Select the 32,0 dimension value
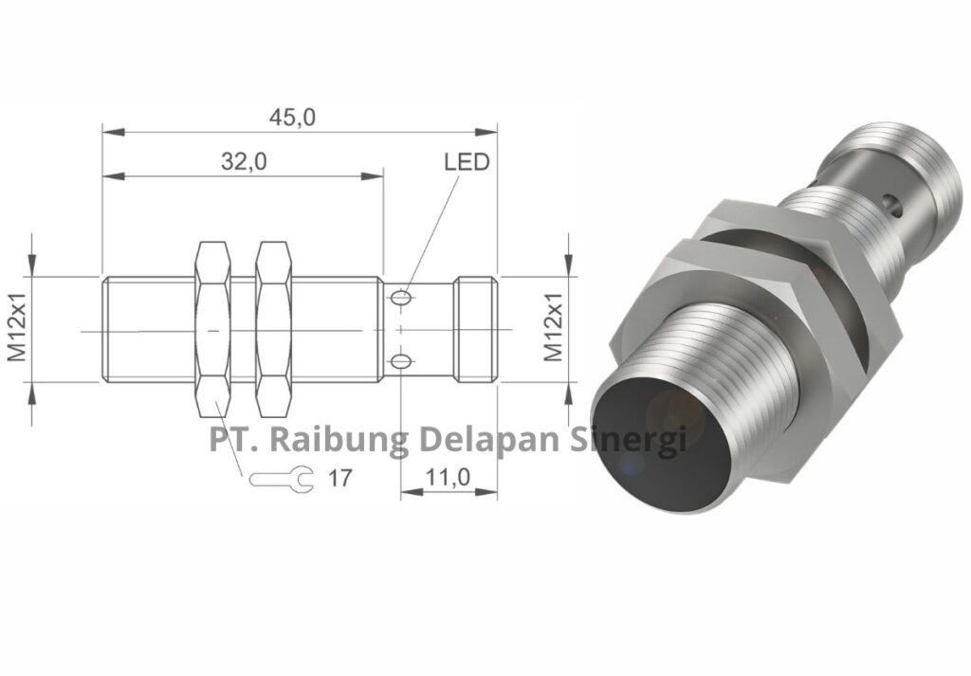[x=245, y=161]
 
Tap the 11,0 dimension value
[x=448, y=478]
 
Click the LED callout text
[x=467, y=162]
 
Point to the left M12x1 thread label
[x=17, y=329]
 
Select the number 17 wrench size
[x=339, y=479]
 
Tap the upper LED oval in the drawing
[x=402, y=299]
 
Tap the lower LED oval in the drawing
[x=402, y=360]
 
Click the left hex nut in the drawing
[x=213, y=329]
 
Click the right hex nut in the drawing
[x=274, y=329]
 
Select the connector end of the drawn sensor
[x=475, y=329]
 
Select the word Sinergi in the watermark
[x=630, y=440]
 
